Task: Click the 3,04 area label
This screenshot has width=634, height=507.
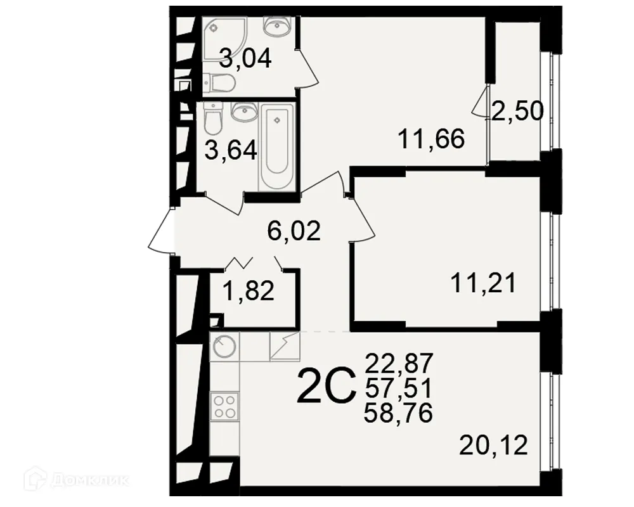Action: pos(245,60)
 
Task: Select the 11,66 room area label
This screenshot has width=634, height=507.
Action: pos(431,138)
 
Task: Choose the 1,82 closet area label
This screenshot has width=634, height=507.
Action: pos(248,292)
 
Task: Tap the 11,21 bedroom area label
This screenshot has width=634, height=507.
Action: pos(482,282)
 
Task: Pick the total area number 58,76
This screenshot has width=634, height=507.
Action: pos(399,413)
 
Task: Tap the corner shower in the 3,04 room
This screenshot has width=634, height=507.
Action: pos(219,32)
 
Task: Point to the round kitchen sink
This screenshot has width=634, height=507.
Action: pos(224,347)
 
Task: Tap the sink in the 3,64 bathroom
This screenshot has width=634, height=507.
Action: pos(243,112)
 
